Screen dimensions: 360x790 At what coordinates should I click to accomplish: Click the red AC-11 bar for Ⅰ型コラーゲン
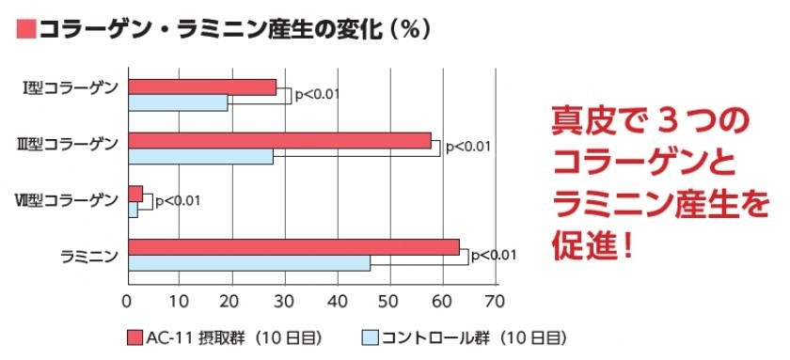point(202,87)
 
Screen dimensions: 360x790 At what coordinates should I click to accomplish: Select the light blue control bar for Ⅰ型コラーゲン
point(178,102)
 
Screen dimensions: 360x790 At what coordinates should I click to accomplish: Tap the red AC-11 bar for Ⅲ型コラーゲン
point(279,141)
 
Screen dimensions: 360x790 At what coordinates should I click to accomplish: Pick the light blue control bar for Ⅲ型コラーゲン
point(200,156)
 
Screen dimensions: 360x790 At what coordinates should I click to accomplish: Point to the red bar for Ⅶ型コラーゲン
point(135,194)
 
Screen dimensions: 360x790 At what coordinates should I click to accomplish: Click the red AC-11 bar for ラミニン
point(293,247)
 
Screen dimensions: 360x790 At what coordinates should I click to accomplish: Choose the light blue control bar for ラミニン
point(249,263)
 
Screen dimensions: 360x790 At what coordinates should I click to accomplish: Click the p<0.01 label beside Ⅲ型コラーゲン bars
point(467,146)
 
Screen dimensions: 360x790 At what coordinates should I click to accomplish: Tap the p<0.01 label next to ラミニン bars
point(494,254)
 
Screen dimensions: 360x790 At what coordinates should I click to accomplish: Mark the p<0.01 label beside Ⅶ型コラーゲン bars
point(177,200)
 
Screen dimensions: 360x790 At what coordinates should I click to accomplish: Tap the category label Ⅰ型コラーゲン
point(70,89)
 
